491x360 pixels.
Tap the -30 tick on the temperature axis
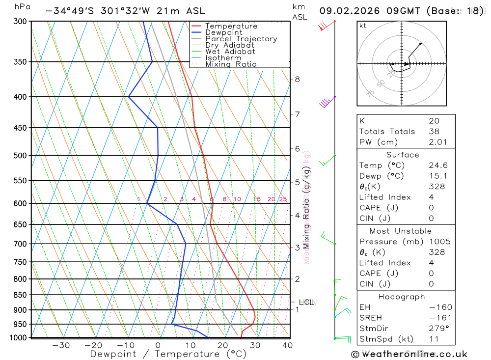pyautogui.click(x=61, y=345)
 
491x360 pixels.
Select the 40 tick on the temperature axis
pyautogui.click(x=287, y=345)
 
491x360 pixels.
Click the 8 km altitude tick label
pyautogui.click(x=297, y=79)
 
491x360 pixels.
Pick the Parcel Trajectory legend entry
pyautogui.click(x=241, y=39)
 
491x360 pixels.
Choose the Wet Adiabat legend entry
pyautogui.click(x=230, y=52)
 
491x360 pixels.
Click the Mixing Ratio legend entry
pyautogui.click(x=231, y=64)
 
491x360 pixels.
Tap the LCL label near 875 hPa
pyautogui.click(x=306, y=303)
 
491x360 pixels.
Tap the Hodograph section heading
pyautogui.click(x=402, y=297)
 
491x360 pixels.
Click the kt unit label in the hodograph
pyautogui.click(x=363, y=26)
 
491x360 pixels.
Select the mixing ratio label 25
pyautogui.click(x=283, y=199)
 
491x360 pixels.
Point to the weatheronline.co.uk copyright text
pyautogui.click(x=409, y=354)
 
